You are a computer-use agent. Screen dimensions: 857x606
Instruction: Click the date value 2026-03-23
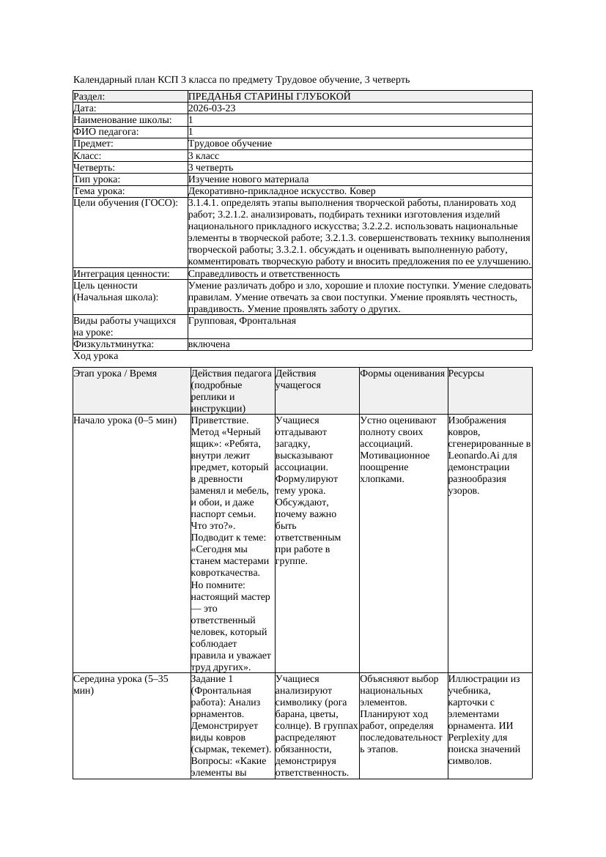pos(212,108)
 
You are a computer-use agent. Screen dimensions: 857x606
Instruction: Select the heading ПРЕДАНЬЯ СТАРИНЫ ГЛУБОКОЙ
pos(269,97)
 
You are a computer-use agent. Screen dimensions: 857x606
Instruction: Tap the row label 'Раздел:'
pos(89,97)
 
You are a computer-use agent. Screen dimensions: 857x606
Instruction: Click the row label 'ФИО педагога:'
pos(106,132)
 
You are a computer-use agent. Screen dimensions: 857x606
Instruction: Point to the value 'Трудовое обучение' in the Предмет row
pos(229,144)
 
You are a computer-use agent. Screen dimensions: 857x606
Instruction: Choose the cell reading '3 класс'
pos(204,156)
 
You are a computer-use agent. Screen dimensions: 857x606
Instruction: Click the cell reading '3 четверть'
pos(210,168)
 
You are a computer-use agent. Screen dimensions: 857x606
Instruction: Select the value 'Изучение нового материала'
pos(248,179)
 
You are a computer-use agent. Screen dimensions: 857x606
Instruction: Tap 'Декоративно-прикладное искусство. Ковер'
pos(281,191)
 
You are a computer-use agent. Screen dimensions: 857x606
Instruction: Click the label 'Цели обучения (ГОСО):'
pos(125,203)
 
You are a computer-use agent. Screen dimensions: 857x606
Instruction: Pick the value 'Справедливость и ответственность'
pos(264,274)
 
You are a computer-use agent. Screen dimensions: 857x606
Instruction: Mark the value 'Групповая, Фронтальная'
pos(242,321)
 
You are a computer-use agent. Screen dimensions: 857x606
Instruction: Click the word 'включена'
pos(209,344)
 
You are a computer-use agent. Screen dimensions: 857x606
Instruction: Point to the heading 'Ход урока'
pos(96,356)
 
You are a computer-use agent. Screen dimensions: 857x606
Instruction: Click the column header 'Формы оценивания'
pos(402,374)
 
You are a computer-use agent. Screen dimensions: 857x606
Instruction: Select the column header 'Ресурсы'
pos(466,374)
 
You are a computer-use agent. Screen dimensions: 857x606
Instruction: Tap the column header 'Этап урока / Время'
pos(115,374)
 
